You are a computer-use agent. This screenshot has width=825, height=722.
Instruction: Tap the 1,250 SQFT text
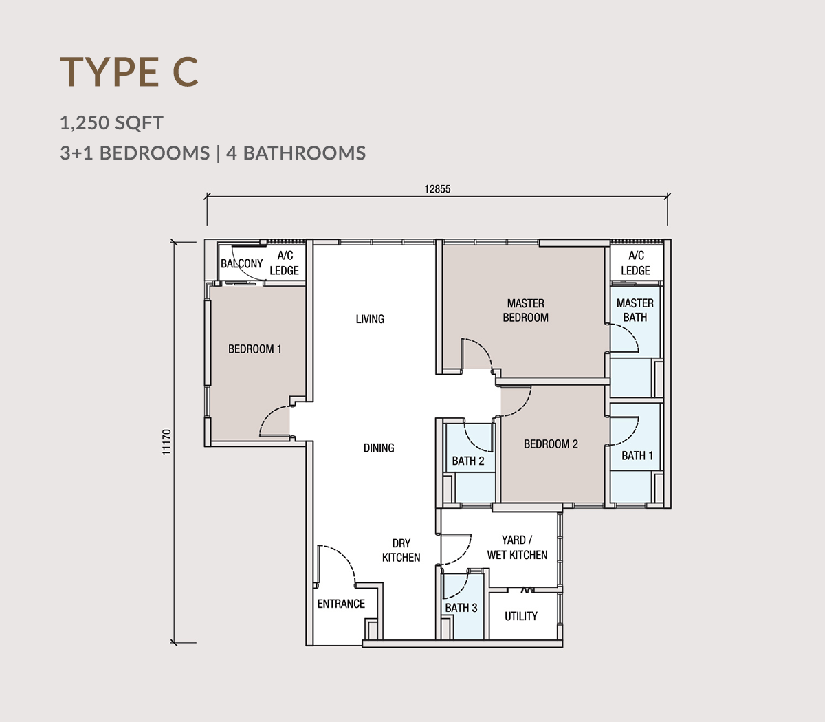pyautogui.click(x=111, y=122)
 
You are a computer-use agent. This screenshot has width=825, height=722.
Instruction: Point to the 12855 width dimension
pyautogui.click(x=437, y=189)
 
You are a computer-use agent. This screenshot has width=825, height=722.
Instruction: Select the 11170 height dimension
pyautogui.click(x=166, y=442)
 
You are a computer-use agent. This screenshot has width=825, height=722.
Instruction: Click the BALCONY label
pyautogui.click(x=241, y=263)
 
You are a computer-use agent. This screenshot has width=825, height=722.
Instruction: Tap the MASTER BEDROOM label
pyautogui.click(x=525, y=310)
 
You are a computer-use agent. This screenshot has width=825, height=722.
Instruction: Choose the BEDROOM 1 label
pyautogui.click(x=255, y=349)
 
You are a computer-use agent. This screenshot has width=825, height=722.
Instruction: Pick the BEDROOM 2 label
pyautogui.click(x=551, y=444)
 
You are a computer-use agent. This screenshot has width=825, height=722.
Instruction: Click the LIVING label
pyautogui.click(x=370, y=319)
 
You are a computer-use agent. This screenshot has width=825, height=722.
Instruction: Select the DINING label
pyautogui.click(x=379, y=448)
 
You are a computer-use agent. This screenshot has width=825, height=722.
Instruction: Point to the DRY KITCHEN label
pyautogui.click(x=401, y=550)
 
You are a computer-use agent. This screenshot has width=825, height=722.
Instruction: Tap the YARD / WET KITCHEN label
pyautogui.click(x=517, y=547)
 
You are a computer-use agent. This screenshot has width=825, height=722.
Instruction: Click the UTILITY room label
pyautogui.click(x=521, y=616)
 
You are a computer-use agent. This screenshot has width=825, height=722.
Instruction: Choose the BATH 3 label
pyautogui.click(x=461, y=607)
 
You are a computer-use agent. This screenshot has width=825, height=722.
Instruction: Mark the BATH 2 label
pyautogui.click(x=467, y=461)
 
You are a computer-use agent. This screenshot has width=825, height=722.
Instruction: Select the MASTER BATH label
pyautogui.click(x=635, y=310)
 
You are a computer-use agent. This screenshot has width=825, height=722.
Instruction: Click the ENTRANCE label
pyautogui.click(x=341, y=604)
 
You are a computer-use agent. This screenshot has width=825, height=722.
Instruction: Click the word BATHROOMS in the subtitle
pyautogui.click(x=305, y=153)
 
